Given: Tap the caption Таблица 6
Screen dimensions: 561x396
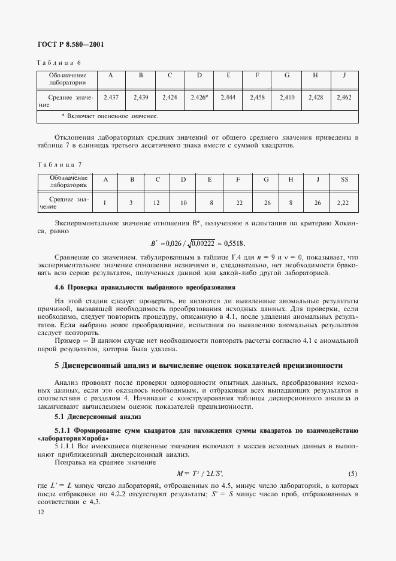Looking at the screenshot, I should coord(59,62).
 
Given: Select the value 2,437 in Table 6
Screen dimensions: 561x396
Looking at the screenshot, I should coord(111,96).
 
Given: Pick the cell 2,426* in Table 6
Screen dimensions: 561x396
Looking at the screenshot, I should coord(199,96).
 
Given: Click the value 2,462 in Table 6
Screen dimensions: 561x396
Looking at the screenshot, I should coord(344,96).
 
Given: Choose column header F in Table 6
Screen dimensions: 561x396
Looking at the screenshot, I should coord(257,76).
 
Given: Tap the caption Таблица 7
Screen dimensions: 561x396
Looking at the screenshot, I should coord(59,164).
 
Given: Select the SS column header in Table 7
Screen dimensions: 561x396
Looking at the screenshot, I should coord(344,179).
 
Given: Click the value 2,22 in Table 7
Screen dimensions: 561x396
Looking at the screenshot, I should coord(344,203).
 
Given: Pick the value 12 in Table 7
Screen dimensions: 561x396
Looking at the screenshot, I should coord(156,203).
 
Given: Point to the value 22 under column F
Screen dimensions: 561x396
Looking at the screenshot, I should coord(238,203).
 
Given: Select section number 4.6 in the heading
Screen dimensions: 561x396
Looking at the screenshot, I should coord(60,286).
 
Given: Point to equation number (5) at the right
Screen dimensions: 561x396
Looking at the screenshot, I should coord(353,473).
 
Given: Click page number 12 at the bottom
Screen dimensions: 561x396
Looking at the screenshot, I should coord(41,511).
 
